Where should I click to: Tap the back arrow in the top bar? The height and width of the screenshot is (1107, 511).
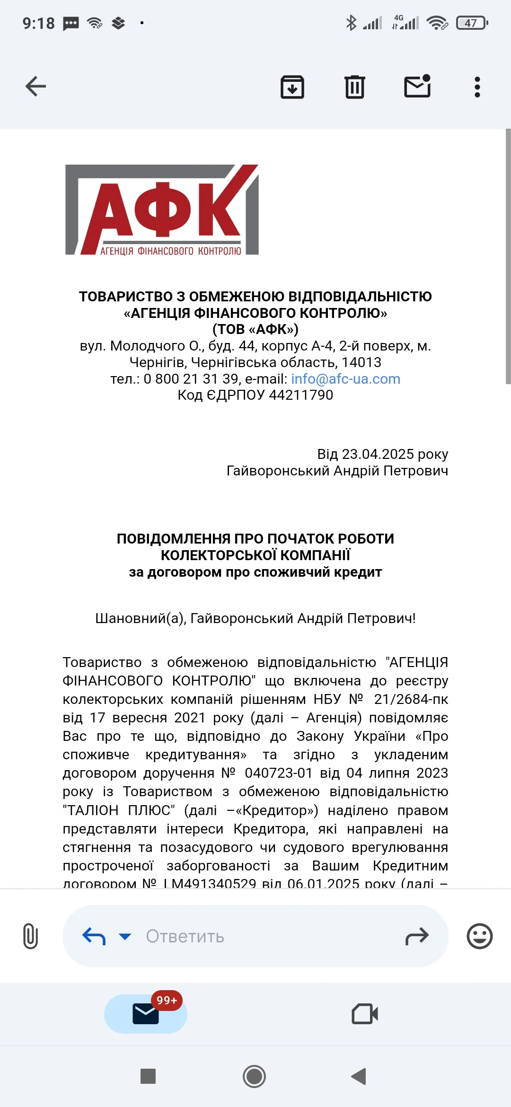(x=35, y=87)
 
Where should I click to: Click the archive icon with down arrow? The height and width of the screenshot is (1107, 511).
(x=292, y=87)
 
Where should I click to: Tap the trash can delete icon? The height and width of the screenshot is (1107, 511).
(x=355, y=87)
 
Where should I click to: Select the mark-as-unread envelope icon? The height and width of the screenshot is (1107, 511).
(x=417, y=87)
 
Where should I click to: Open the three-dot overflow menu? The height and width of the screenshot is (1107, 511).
(x=477, y=87)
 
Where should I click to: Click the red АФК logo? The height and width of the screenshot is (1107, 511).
(x=162, y=210)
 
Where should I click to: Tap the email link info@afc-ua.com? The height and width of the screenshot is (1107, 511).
(x=345, y=379)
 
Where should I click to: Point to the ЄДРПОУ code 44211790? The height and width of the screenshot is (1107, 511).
(x=301, y=395)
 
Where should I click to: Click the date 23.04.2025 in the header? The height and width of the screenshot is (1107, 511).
(x=378, y=454)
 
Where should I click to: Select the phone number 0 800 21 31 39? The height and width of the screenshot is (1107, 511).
(x=191, y=379)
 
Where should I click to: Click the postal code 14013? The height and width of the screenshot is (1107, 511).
(x=361, y=362)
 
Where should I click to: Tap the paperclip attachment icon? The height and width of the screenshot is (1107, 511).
(x=30, y=936)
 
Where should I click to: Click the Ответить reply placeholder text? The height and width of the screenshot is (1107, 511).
(x=185, y=936)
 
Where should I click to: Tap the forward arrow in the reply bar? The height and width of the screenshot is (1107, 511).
(x=417, y=936)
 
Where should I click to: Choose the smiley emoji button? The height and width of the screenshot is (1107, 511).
(x=480, y=936)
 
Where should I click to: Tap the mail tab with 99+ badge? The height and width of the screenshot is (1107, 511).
(x=146, y=1014)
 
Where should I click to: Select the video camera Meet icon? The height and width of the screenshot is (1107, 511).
(x=365, y=1014)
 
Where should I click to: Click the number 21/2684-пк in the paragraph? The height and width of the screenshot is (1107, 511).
(x=411, y=699)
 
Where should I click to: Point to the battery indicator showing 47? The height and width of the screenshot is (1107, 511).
(x=472, y=23)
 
